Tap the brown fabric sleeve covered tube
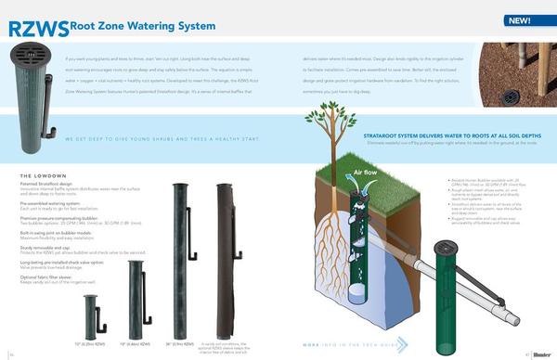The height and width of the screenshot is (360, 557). [x=224, y=260]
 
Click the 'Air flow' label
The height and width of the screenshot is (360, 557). [x=363, y=173]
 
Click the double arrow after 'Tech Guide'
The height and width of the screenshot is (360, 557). [x=401, y=342]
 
